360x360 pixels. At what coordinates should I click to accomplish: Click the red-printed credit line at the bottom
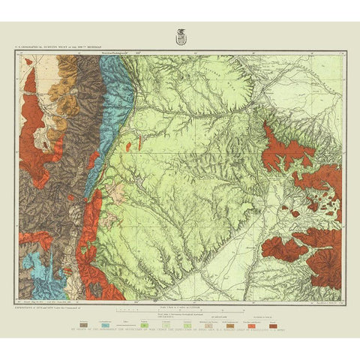coord(180,328)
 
